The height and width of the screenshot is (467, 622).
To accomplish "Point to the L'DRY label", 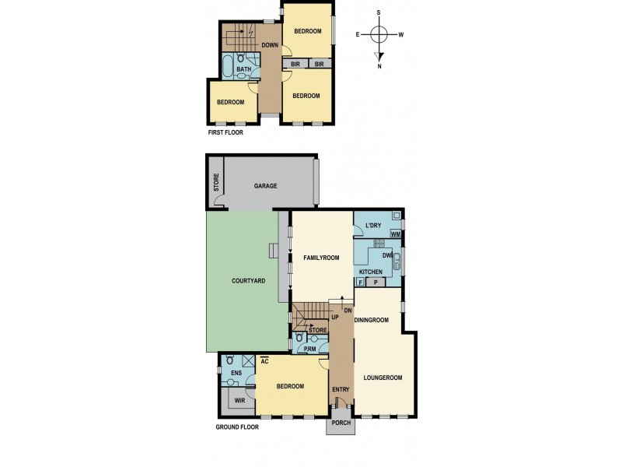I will pos(374,226).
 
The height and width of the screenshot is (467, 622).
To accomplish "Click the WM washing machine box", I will pos(396,233).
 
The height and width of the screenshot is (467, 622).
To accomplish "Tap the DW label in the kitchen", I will pos(386,255).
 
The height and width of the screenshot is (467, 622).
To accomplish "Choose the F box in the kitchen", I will pos(362,282).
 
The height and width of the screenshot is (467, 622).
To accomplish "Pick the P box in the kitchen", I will pos(376,282).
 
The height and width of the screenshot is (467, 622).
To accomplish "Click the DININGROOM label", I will pos(372,320).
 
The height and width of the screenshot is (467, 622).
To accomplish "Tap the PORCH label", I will pos(341,423).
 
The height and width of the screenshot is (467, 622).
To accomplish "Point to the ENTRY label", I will pos(341,390).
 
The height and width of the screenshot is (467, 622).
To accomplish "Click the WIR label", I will pos(239,401).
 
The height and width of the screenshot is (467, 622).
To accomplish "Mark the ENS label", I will pos(236,374).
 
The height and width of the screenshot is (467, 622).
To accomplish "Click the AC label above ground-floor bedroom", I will pos(265,362).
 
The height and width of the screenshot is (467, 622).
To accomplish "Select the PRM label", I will pos(309,349).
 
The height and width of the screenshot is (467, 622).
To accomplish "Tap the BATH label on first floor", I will pos(243,69).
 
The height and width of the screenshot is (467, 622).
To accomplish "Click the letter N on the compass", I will pos(379,65).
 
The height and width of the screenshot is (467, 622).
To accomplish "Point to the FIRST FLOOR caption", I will pos(225,133).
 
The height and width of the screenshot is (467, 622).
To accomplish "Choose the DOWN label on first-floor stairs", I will pos(270,45).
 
